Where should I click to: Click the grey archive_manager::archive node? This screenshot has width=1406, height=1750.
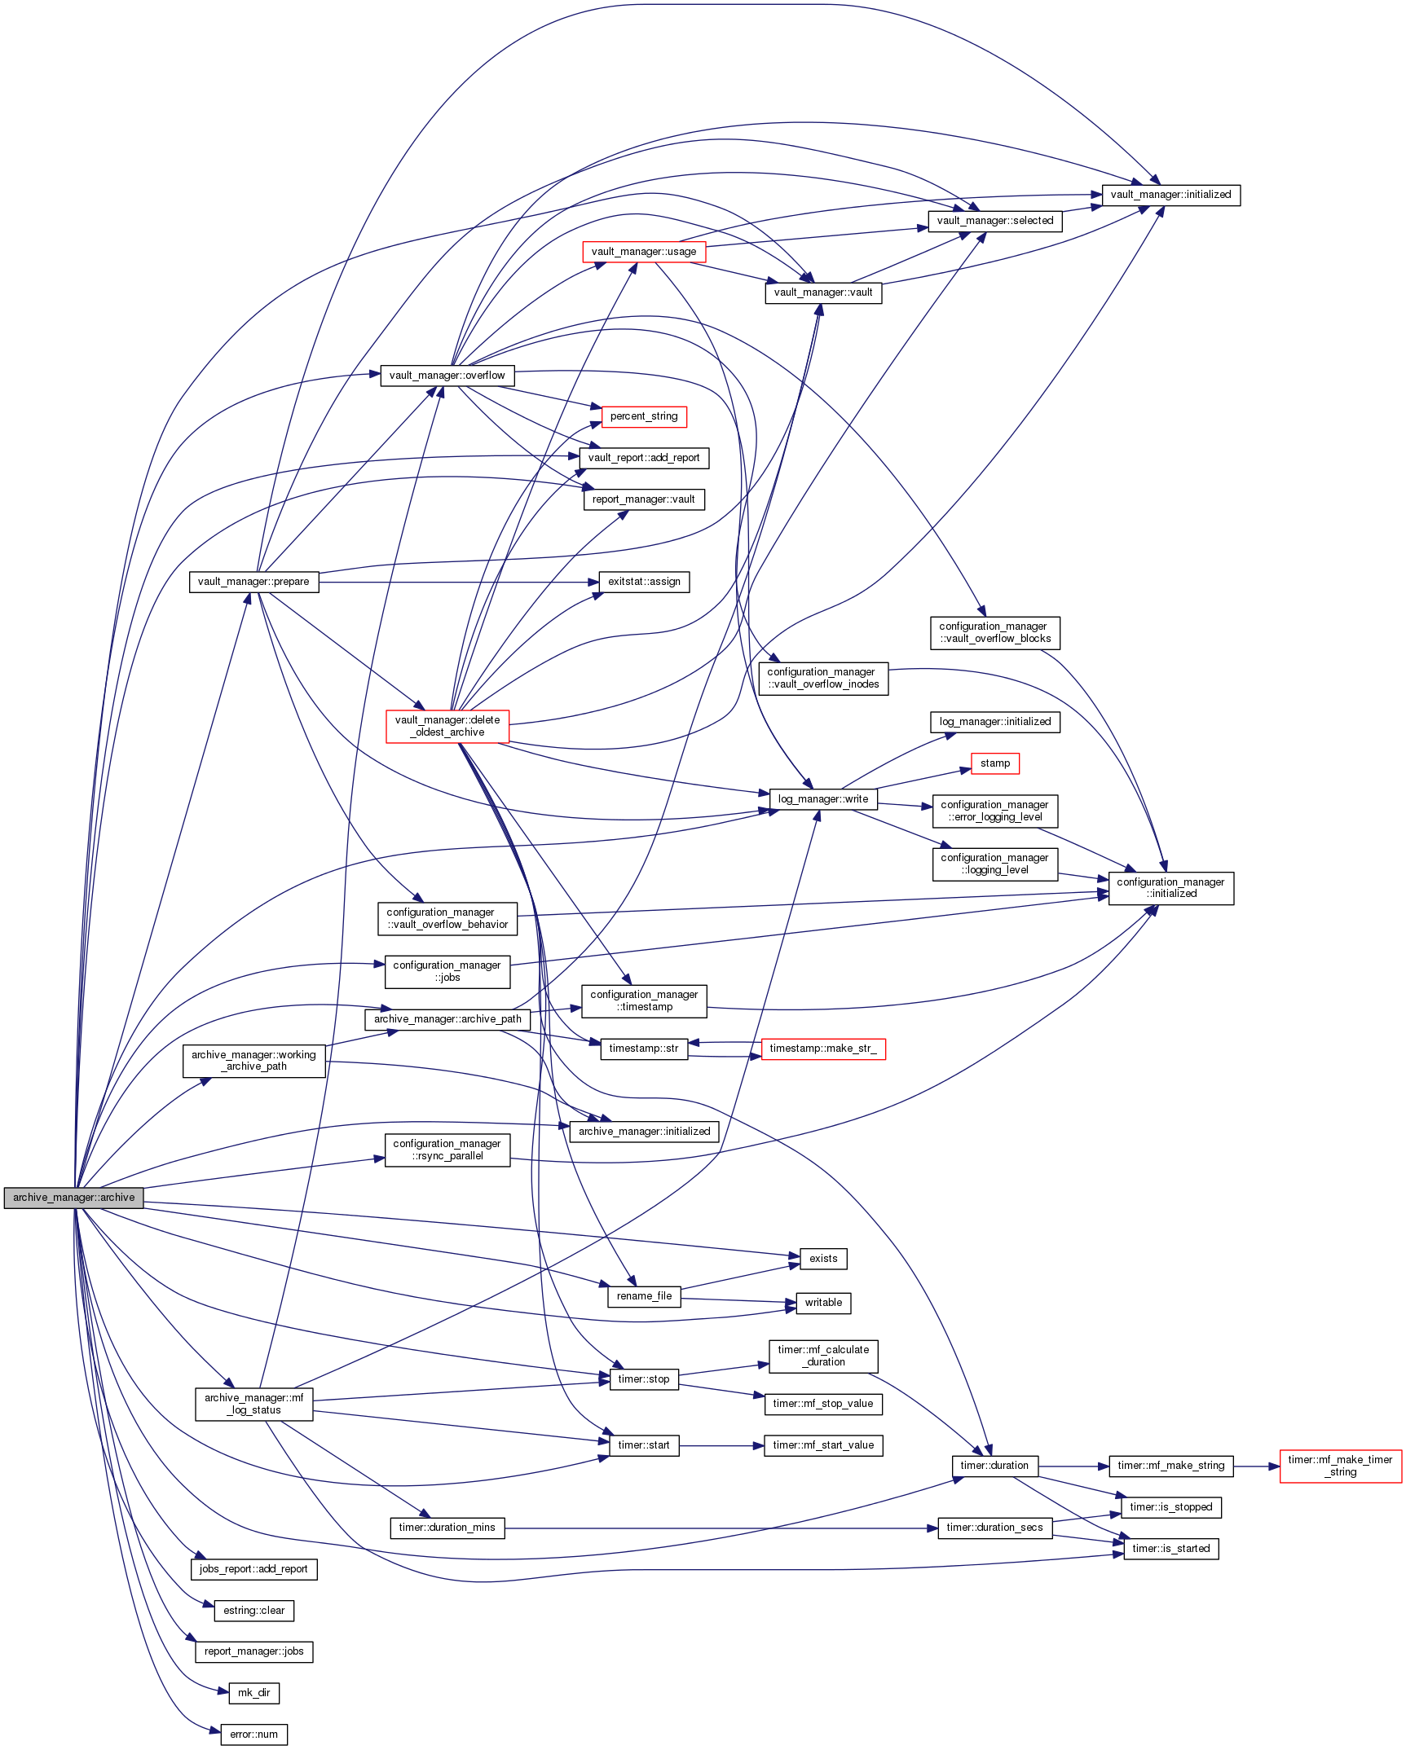tap(73, 1198)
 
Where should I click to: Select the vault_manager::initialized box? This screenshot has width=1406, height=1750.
tap(1170, 196)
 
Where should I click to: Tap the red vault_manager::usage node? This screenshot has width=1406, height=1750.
tap(644, 252)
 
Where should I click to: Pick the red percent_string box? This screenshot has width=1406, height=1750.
tap(644, 416)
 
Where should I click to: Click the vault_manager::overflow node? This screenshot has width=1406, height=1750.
tap(447, 376)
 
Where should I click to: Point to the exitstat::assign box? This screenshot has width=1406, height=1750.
tap(644, 582)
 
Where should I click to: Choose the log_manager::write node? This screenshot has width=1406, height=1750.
tap(823, 799)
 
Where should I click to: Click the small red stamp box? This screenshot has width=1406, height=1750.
tap(995, 763)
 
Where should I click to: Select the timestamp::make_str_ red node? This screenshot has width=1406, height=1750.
tap(823, 1049)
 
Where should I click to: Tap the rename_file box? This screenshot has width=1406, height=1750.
tap(644, 1296)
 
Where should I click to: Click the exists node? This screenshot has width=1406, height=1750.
tap(823, 1259)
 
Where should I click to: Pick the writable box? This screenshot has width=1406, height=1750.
tap(823, 1303)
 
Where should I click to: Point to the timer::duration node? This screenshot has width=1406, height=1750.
tap(994, 1466)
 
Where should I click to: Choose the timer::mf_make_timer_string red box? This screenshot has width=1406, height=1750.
tap(1340, 1466)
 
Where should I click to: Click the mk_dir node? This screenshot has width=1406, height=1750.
tap(253, 1693)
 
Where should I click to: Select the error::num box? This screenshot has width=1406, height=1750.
tap(253, 1735)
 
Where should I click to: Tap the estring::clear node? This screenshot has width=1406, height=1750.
tap(253, 1611)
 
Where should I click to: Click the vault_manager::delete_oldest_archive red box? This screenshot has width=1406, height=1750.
tap(447, 726)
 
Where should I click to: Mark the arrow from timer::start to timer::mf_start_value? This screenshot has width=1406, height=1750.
tap(721, 1446)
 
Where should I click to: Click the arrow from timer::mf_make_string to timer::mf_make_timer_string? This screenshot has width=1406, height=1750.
tap(1256, 1466)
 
